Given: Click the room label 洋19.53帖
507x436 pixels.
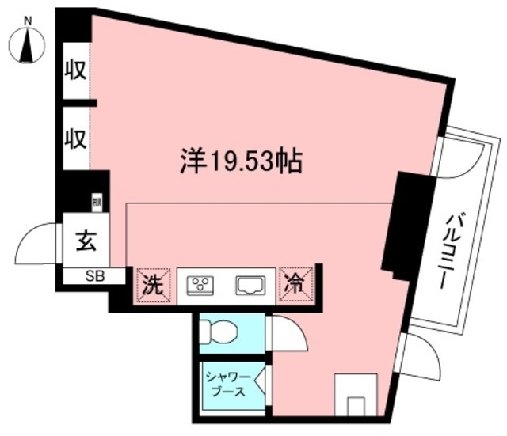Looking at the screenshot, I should click(237, 161).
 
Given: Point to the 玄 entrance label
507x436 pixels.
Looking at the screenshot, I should click(86, 241).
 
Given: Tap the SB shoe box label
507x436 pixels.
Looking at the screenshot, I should click(93, 276).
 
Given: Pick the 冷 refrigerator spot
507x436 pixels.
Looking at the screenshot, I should click(296, 283).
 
